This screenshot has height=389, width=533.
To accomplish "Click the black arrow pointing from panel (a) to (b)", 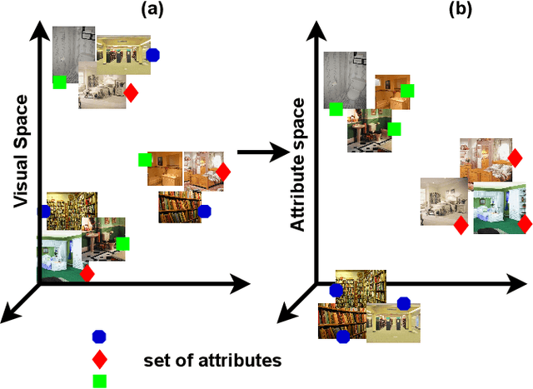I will point(260,152).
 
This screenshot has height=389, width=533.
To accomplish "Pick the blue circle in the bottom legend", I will point(99,337).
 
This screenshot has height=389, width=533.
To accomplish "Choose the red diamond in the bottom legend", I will point(99,359).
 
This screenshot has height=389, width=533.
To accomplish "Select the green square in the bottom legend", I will point(99,380).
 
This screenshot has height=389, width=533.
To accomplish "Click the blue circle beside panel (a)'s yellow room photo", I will point(152,55).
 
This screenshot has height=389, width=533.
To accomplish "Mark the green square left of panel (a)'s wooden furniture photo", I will point(145,159).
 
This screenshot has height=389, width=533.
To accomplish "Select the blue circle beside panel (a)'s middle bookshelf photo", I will point(205,212).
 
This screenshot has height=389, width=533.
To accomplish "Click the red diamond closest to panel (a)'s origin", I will point(87,272).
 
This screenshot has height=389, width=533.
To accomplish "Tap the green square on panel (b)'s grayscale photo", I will point(335,109).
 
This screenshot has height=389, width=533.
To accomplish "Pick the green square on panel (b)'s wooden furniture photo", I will point(406,91).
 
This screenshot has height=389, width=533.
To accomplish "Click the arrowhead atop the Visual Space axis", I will point(37,31).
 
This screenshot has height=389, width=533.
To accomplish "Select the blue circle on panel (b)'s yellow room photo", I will point(404,303).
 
